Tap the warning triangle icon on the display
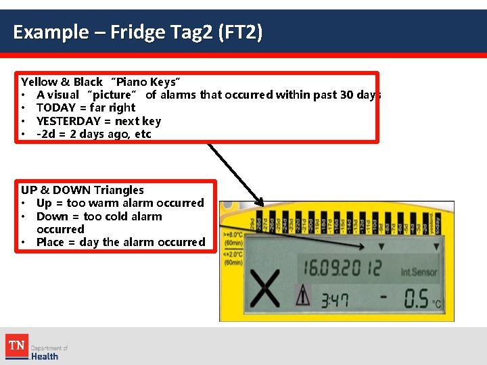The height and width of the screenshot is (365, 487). tap(302, 295)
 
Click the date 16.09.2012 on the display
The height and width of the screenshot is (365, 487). tap(342, 268)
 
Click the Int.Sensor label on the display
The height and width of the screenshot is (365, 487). tap(419, 272)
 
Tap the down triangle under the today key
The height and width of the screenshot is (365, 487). tap(436, 247)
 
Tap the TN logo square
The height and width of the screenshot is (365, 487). tap(16, 345)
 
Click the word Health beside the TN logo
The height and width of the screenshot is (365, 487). tap(45, 356)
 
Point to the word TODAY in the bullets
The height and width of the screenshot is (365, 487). tap(53, 107)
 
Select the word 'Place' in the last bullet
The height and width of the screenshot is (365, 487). tap(51, 242)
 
